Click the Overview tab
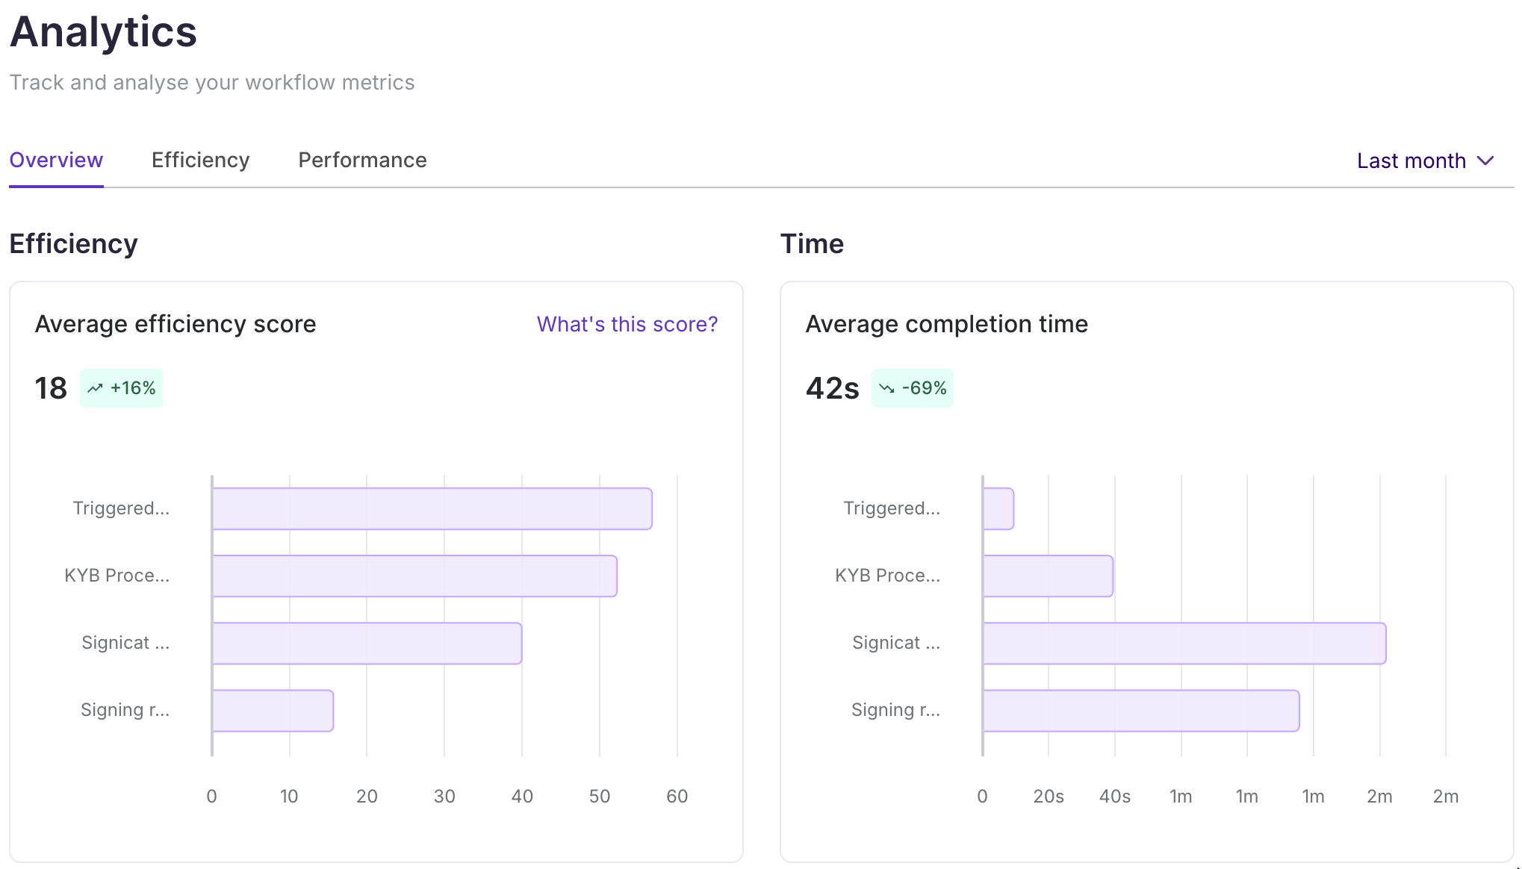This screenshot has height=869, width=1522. [x=56, y=161]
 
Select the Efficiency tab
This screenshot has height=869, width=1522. [x=200, y=161]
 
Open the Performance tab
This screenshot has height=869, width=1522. [x=362, y=161]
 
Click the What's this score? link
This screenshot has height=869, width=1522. [x=627, y=324]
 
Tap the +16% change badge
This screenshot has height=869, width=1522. [x=121, y=388]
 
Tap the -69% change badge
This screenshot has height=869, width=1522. [x=912, y=388]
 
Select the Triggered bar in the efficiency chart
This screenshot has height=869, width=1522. [x=432, y=509]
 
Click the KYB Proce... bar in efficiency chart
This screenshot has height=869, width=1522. [x=414, y=576]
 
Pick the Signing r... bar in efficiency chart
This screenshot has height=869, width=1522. [x=273, y=711]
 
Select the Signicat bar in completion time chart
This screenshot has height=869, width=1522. [x=1184, y=644]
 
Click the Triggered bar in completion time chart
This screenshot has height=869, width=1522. [x=998, y=509]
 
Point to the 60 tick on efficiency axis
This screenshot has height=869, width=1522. [x=677, y=797]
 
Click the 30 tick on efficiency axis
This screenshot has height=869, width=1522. [x=444, y=797]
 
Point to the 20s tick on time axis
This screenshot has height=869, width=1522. [x=1048, y=797]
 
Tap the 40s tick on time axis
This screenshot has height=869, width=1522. [x=1114, y=797]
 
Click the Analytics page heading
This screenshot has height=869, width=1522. [x=103, y=32]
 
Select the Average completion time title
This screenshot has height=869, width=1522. [x=946, y=324]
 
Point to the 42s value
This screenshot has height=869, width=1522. [x=832, y=388]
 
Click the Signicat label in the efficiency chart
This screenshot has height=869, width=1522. [x=125, y=643]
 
